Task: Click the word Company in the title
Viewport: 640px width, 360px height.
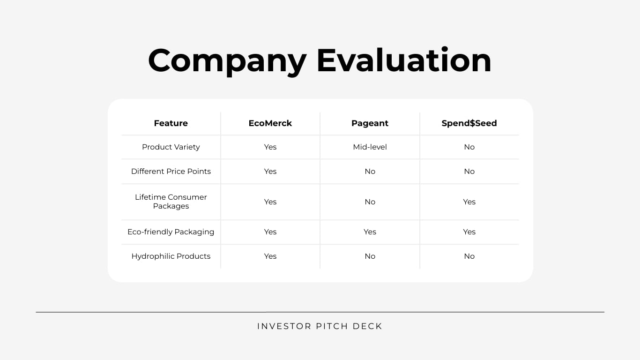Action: click(227, 61)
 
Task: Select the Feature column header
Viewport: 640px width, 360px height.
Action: click(171, 123)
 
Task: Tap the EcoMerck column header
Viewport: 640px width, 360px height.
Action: click(270, 123)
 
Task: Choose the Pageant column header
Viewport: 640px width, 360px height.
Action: click(370, 123)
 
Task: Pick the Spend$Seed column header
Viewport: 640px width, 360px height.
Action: click(469, 123)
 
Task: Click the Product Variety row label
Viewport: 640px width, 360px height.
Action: click(171, 147)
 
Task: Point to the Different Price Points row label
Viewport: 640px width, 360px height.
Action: click(171, 172)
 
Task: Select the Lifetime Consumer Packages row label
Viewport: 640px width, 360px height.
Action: click(171, 202)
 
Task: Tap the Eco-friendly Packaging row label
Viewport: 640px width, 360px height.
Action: click(171, 232)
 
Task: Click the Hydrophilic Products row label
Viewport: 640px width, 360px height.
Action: click(171, 256)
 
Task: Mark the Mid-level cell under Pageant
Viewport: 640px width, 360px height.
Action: click(370, 147)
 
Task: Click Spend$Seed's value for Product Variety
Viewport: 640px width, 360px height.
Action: click(469, 147)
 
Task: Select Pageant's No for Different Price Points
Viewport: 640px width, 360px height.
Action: click(370, 172)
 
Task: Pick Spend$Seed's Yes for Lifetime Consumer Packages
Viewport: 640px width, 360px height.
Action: click(469, 202)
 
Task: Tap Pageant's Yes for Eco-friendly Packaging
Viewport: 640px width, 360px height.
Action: click(370, 232)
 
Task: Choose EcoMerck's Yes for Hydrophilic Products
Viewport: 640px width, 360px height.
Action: click(270, 256)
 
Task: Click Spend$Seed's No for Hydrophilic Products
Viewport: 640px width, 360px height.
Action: click(469, 256)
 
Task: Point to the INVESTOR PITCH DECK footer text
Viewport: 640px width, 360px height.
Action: click(320, 326)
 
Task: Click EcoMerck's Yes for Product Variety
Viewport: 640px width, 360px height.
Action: click(270, 147)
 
